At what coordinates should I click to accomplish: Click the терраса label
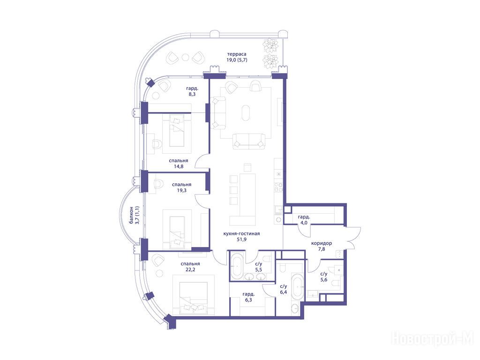click(x=237, y=54)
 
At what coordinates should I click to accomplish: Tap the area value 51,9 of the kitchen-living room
click(x=241, y=240)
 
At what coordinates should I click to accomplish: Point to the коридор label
click(x=322, y=243)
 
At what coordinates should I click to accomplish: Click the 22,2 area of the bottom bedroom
click(x=190, y=270)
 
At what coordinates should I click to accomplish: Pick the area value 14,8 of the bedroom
click(x=178, y=166)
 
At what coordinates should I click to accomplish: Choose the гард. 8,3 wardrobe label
click(x=191, y=91)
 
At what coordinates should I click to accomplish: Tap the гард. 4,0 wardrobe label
click(x=304, y=220)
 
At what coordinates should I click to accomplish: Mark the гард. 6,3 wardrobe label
click(x=248, y=297)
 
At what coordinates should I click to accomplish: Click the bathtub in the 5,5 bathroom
click(x=237, y=266)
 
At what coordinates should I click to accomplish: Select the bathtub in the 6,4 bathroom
click(x=298, y=287)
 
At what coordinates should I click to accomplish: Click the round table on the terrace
click(x=186, y=57)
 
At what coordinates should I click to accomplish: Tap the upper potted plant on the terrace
click(x=270, y=45)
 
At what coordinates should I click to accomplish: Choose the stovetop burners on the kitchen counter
click(x=278, y=187)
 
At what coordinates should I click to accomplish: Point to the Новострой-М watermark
click(x=433, y=339)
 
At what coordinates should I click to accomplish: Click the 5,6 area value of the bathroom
click(x=324, y=280)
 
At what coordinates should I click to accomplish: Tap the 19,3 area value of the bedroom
click(x=181, y=190)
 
